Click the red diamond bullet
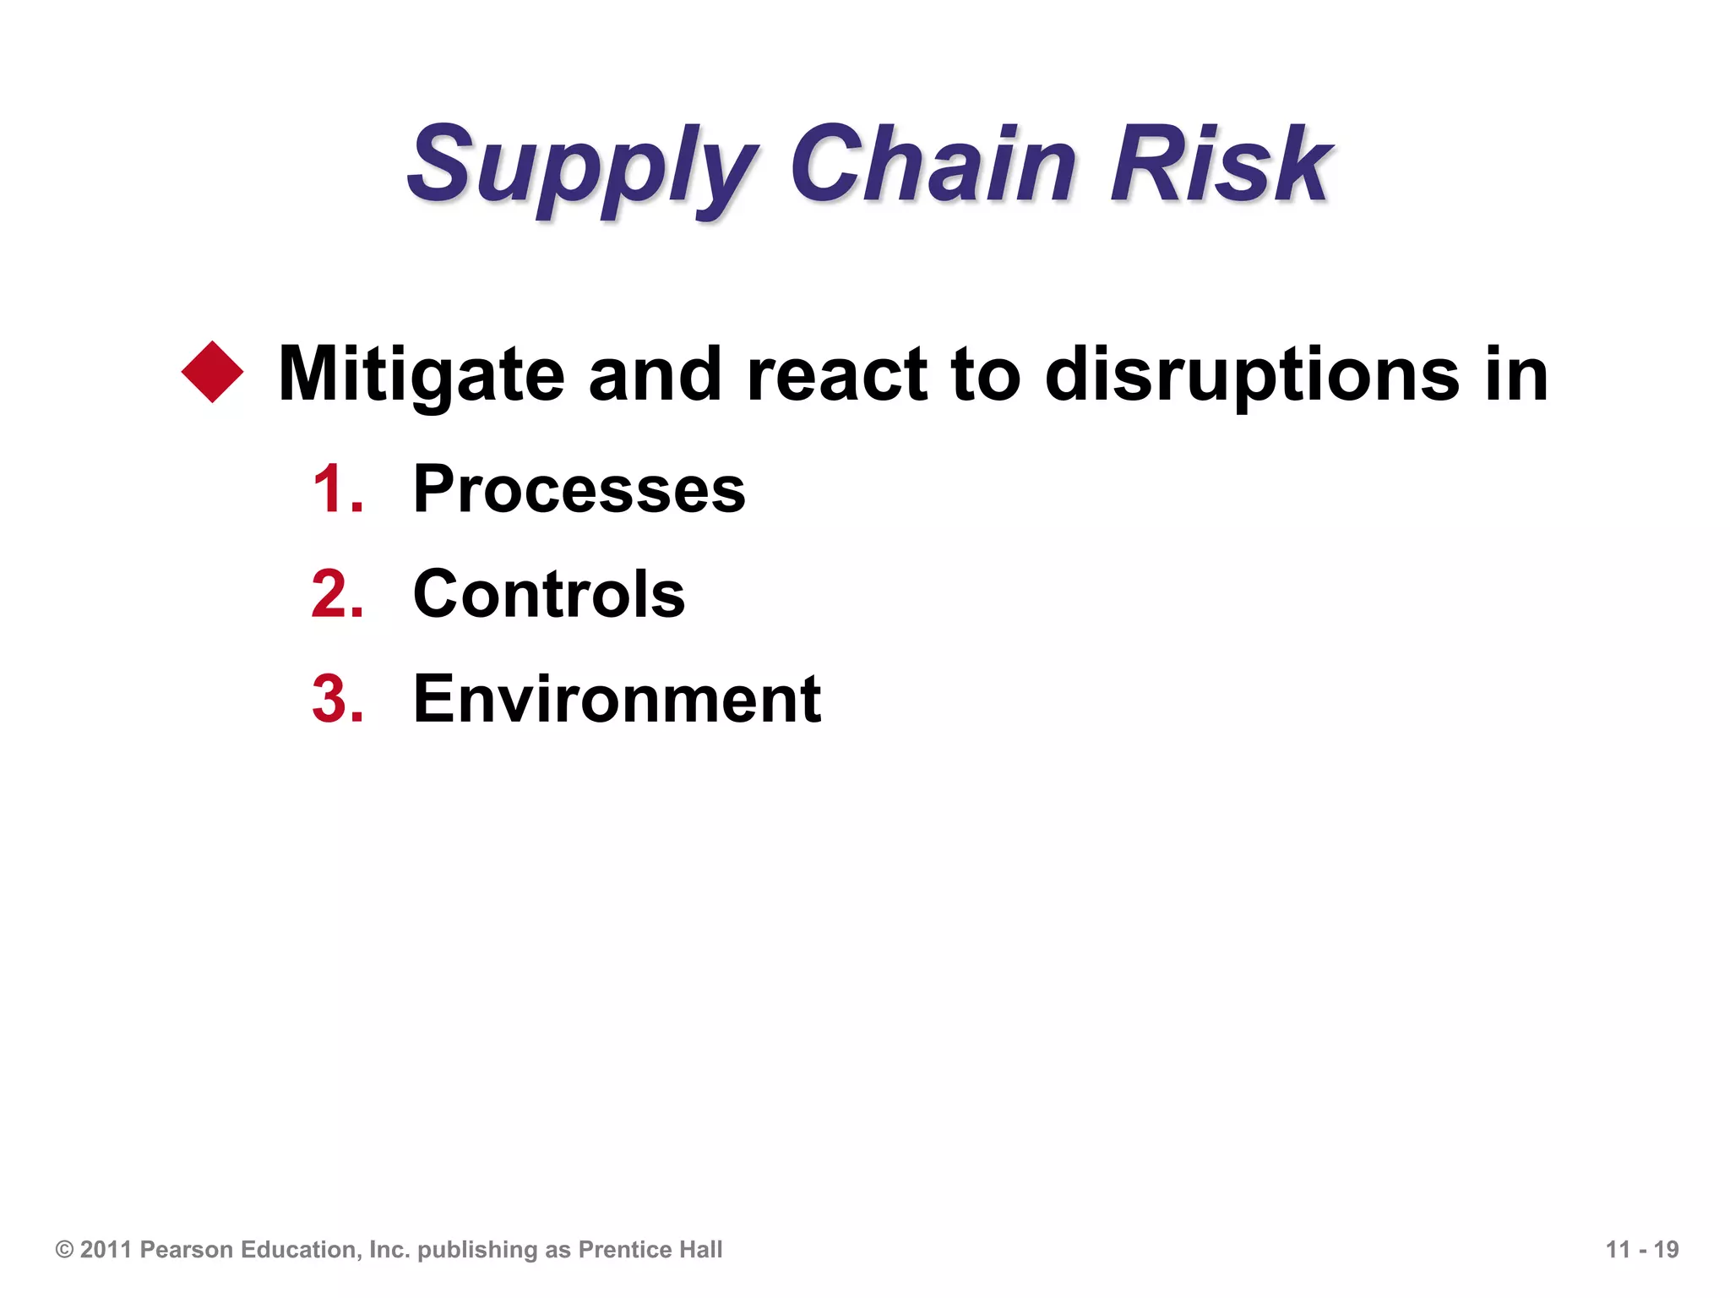point(212,372)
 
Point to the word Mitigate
point(421,374)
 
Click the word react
point(837,374)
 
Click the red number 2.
point(336,594)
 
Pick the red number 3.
point(336,699)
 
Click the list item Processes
point(579,489)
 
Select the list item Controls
point(548,594)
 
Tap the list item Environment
point(617,699)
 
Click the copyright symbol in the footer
point(64,1250)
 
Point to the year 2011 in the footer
point(106,1250)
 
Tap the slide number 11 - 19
point(1641,1250)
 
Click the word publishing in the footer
point(477,1250)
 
